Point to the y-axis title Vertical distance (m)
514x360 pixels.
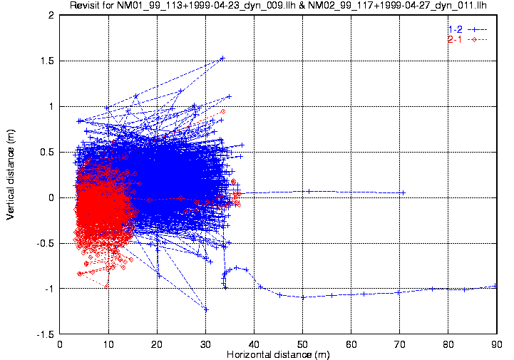11,175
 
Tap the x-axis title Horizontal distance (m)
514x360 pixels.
277,354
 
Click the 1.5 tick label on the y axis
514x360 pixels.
47,61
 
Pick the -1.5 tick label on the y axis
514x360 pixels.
45,334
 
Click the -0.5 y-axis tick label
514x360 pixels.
45,243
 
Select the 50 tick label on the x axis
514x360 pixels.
302,344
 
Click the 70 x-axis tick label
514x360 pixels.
399,344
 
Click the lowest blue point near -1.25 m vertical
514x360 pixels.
206,309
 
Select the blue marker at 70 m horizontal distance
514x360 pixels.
403,192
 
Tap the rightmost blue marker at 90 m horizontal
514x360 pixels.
495,287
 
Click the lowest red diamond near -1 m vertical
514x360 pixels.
106,286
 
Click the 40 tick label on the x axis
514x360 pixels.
254,344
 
